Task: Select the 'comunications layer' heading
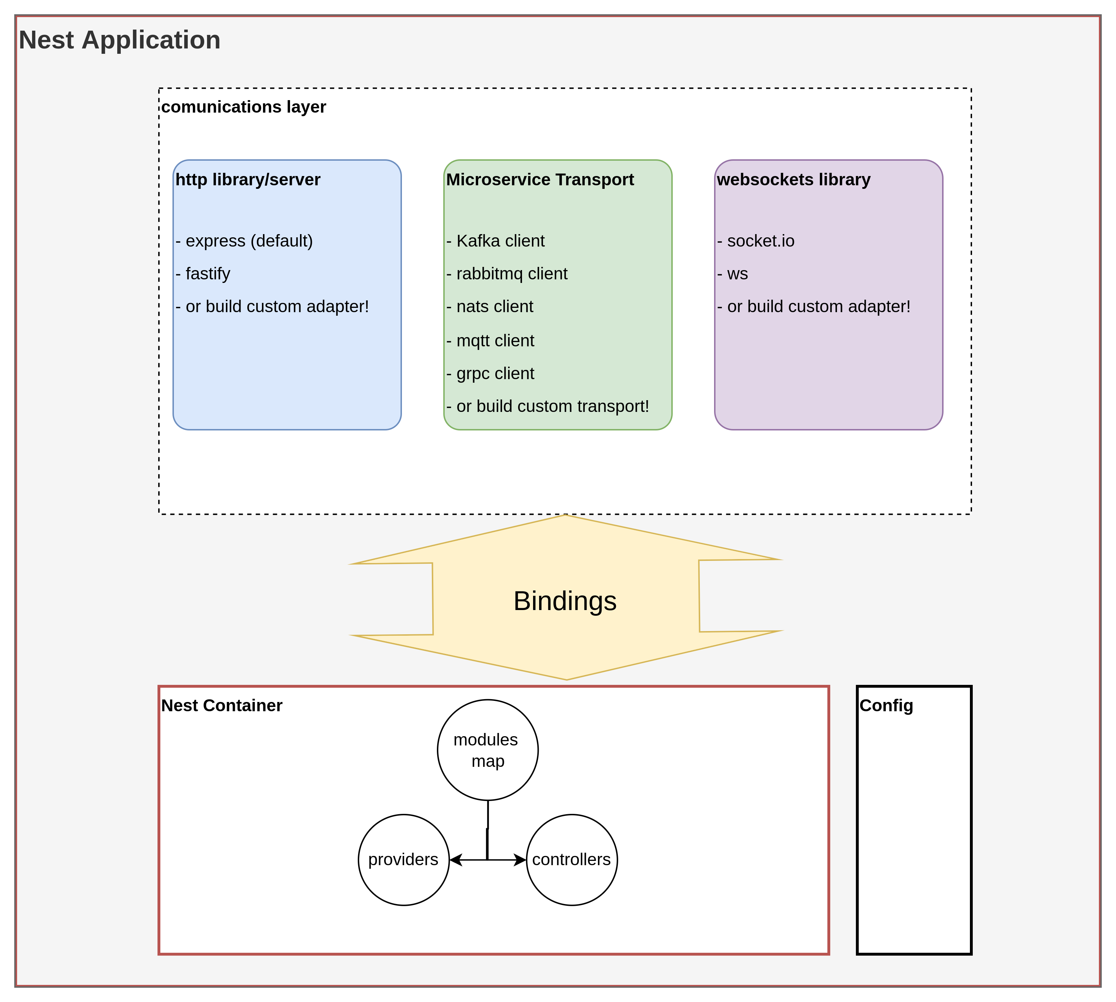[243, 107]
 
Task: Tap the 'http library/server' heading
[248, 180]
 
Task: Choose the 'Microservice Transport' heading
[539, 180]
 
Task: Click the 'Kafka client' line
[496, 241]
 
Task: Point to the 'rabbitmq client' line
[507, 274]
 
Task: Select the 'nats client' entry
[490, 307]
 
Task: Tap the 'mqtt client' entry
[490, 341]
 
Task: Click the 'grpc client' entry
[490, 374]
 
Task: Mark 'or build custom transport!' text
[548, 406]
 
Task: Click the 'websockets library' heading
[794, 180]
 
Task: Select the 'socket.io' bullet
[756, 241]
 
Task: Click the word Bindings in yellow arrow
[565, 601]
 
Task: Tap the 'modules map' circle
[487, 750]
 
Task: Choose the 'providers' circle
[404, 859]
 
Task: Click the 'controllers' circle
[572, 859]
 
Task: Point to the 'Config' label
[886, 705]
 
